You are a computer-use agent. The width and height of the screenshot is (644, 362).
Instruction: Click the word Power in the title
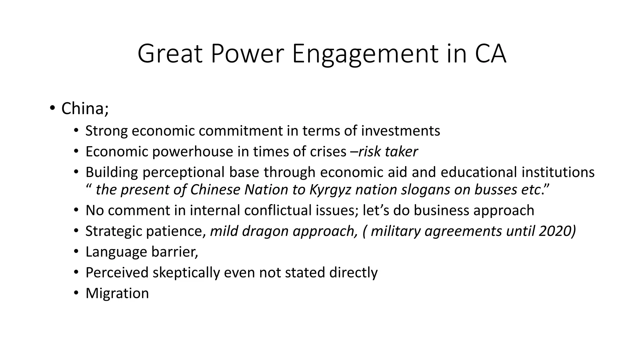pos(247,54)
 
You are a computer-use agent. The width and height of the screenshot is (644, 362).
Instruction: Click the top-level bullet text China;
pos(85,108)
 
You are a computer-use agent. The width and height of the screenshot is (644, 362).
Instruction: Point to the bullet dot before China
pos(52,108)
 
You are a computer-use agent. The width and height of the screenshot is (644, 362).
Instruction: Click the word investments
pos(400,131)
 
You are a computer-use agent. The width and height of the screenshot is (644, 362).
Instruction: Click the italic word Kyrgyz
pos(330,189)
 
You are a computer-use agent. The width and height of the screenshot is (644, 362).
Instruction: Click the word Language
pos(116,252)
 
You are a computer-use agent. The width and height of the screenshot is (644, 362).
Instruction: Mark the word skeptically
pos(186,272)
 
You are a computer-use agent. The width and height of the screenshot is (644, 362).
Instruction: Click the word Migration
pos(117,293)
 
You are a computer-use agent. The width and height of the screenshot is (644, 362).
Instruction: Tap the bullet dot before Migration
pos(76,293)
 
